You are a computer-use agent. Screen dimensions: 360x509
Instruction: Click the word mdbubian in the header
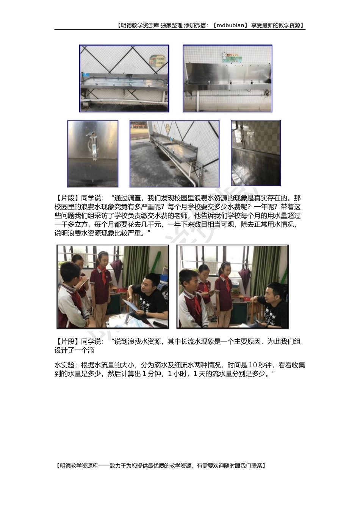click(230, 25)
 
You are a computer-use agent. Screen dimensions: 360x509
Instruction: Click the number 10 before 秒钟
click(253, 365)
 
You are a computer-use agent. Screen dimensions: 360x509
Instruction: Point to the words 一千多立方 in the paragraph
click(71, 225)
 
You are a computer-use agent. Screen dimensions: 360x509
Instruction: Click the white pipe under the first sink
click(123, 100)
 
